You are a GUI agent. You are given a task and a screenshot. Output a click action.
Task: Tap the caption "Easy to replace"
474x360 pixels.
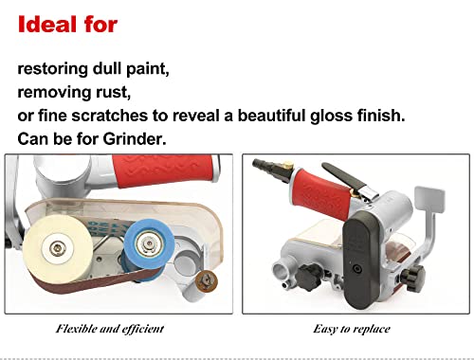coord(353,328)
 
